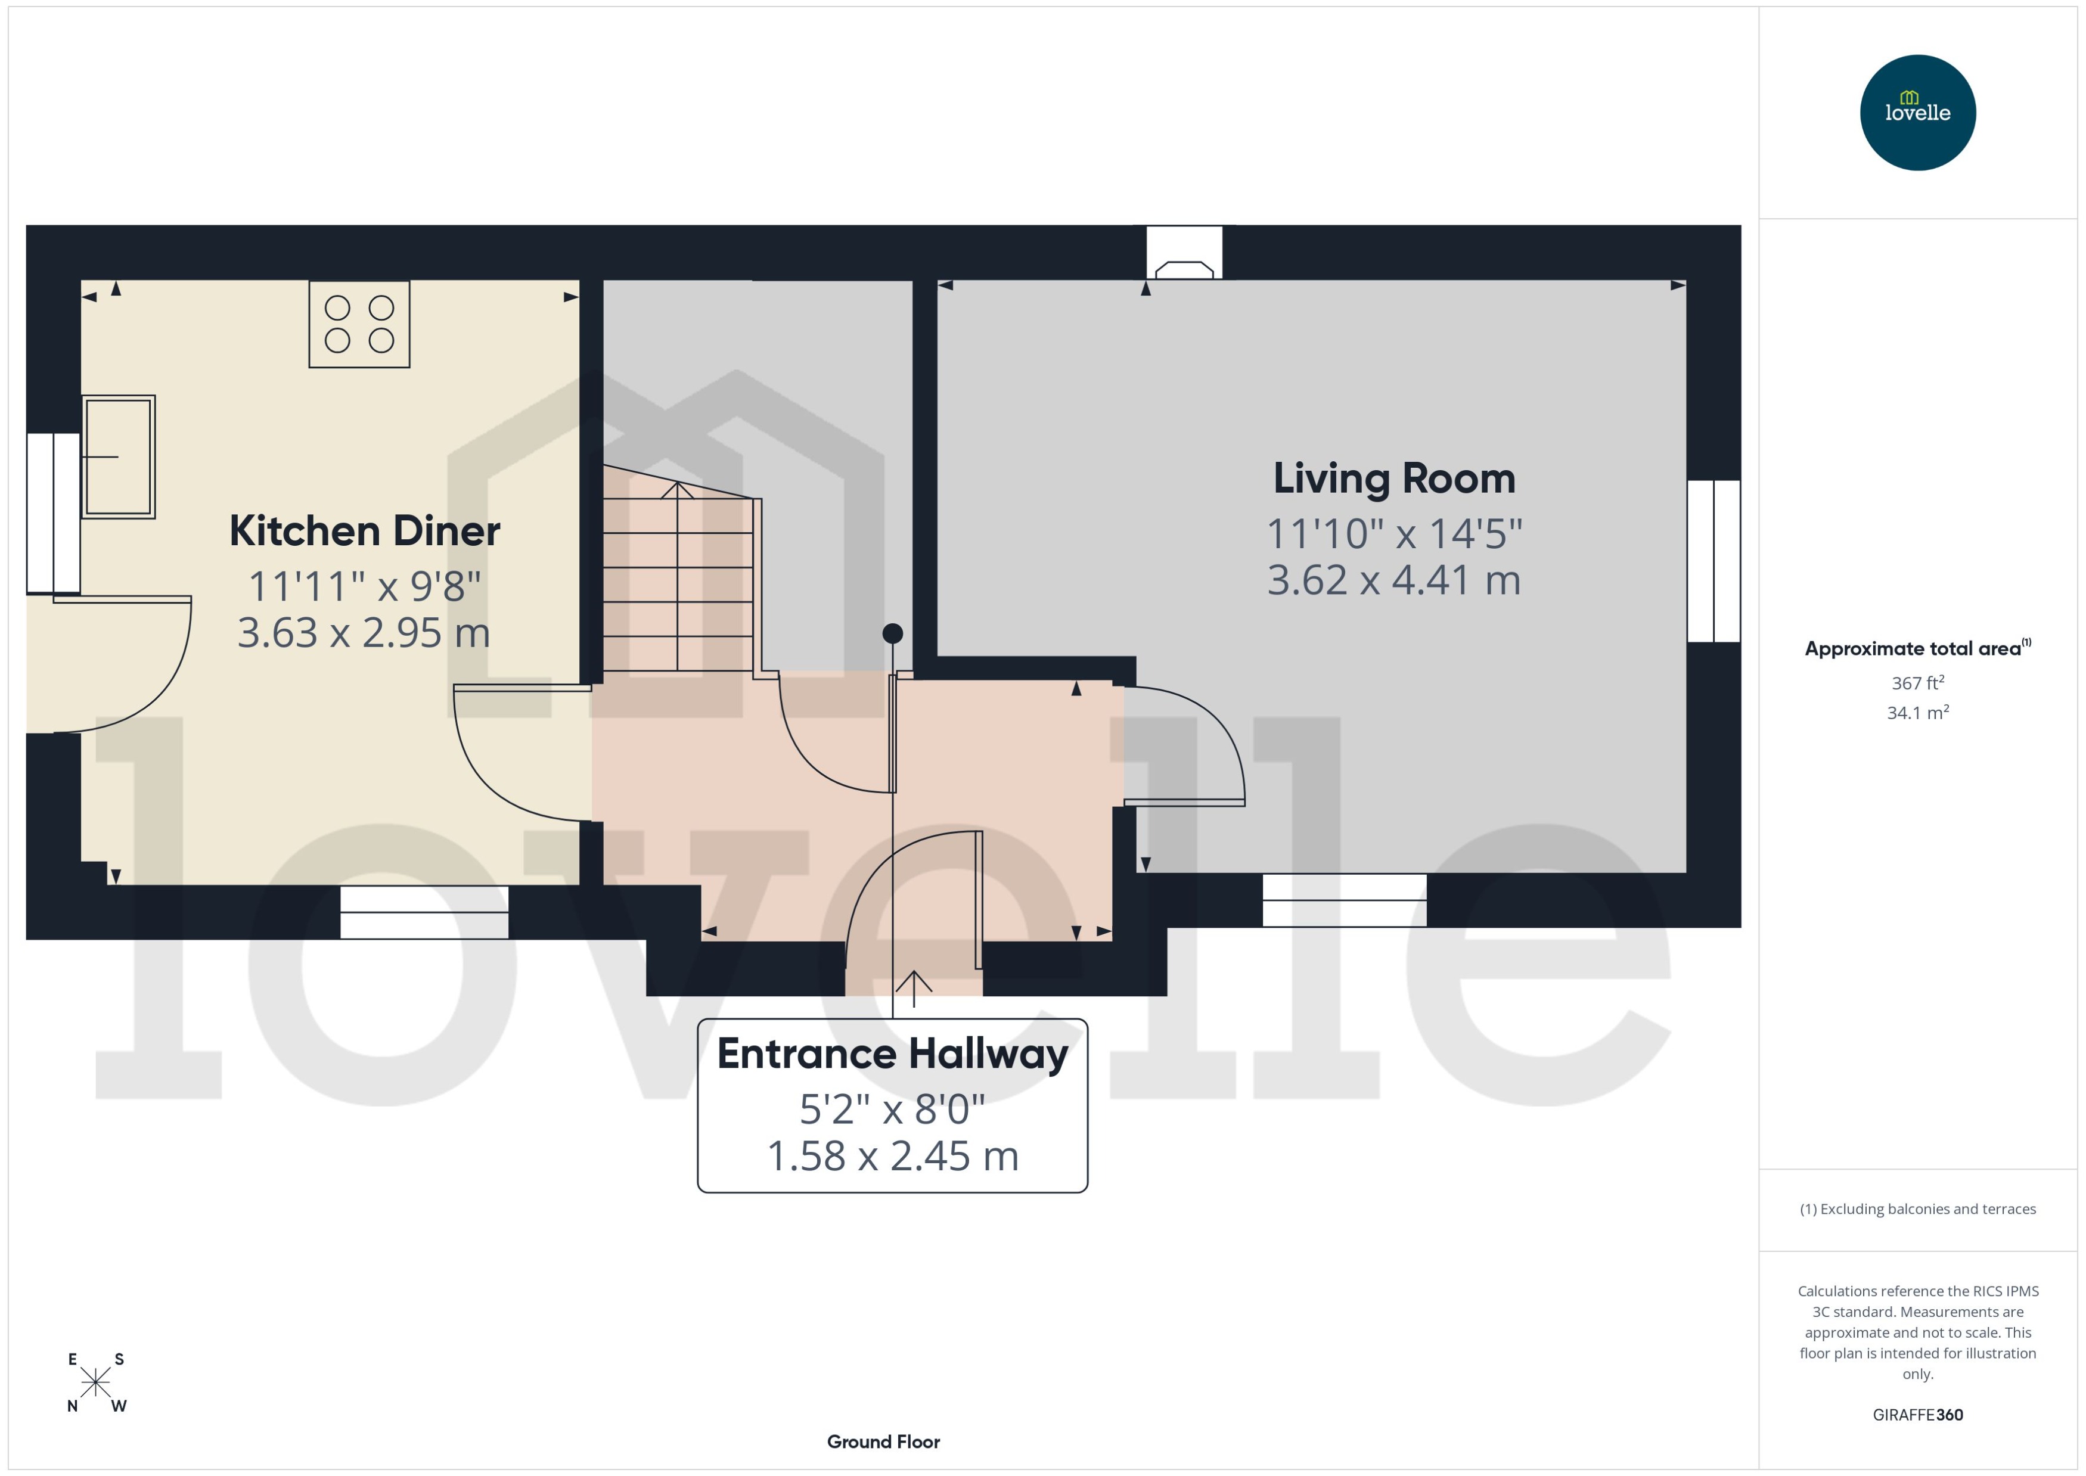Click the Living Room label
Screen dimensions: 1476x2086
click(1393, 479)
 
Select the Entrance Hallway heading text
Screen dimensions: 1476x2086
click(892, 1054)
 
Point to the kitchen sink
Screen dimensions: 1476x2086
click(119, 456)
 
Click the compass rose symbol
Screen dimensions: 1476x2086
click(95, 1382)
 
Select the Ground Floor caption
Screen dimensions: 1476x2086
click(883, 1441)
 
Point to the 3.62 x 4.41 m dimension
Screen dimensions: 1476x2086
click(1393, 581)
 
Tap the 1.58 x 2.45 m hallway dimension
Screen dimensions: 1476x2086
click(892, 1156)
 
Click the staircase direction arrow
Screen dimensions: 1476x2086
click(677, 492)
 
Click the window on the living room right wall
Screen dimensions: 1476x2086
click(1713, 561)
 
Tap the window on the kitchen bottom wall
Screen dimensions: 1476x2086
click(424, 912)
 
